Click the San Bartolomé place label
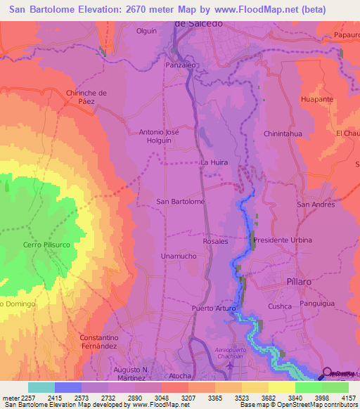tap(180, 202)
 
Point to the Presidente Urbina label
tap(282, 240)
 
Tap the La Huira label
tap(214, 162)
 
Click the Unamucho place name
tap(178, 257)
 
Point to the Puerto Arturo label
tap(211, 309)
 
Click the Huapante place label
tap(316, 100)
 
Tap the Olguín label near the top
tap(146, 32)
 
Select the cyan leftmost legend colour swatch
tap(41, 387)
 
